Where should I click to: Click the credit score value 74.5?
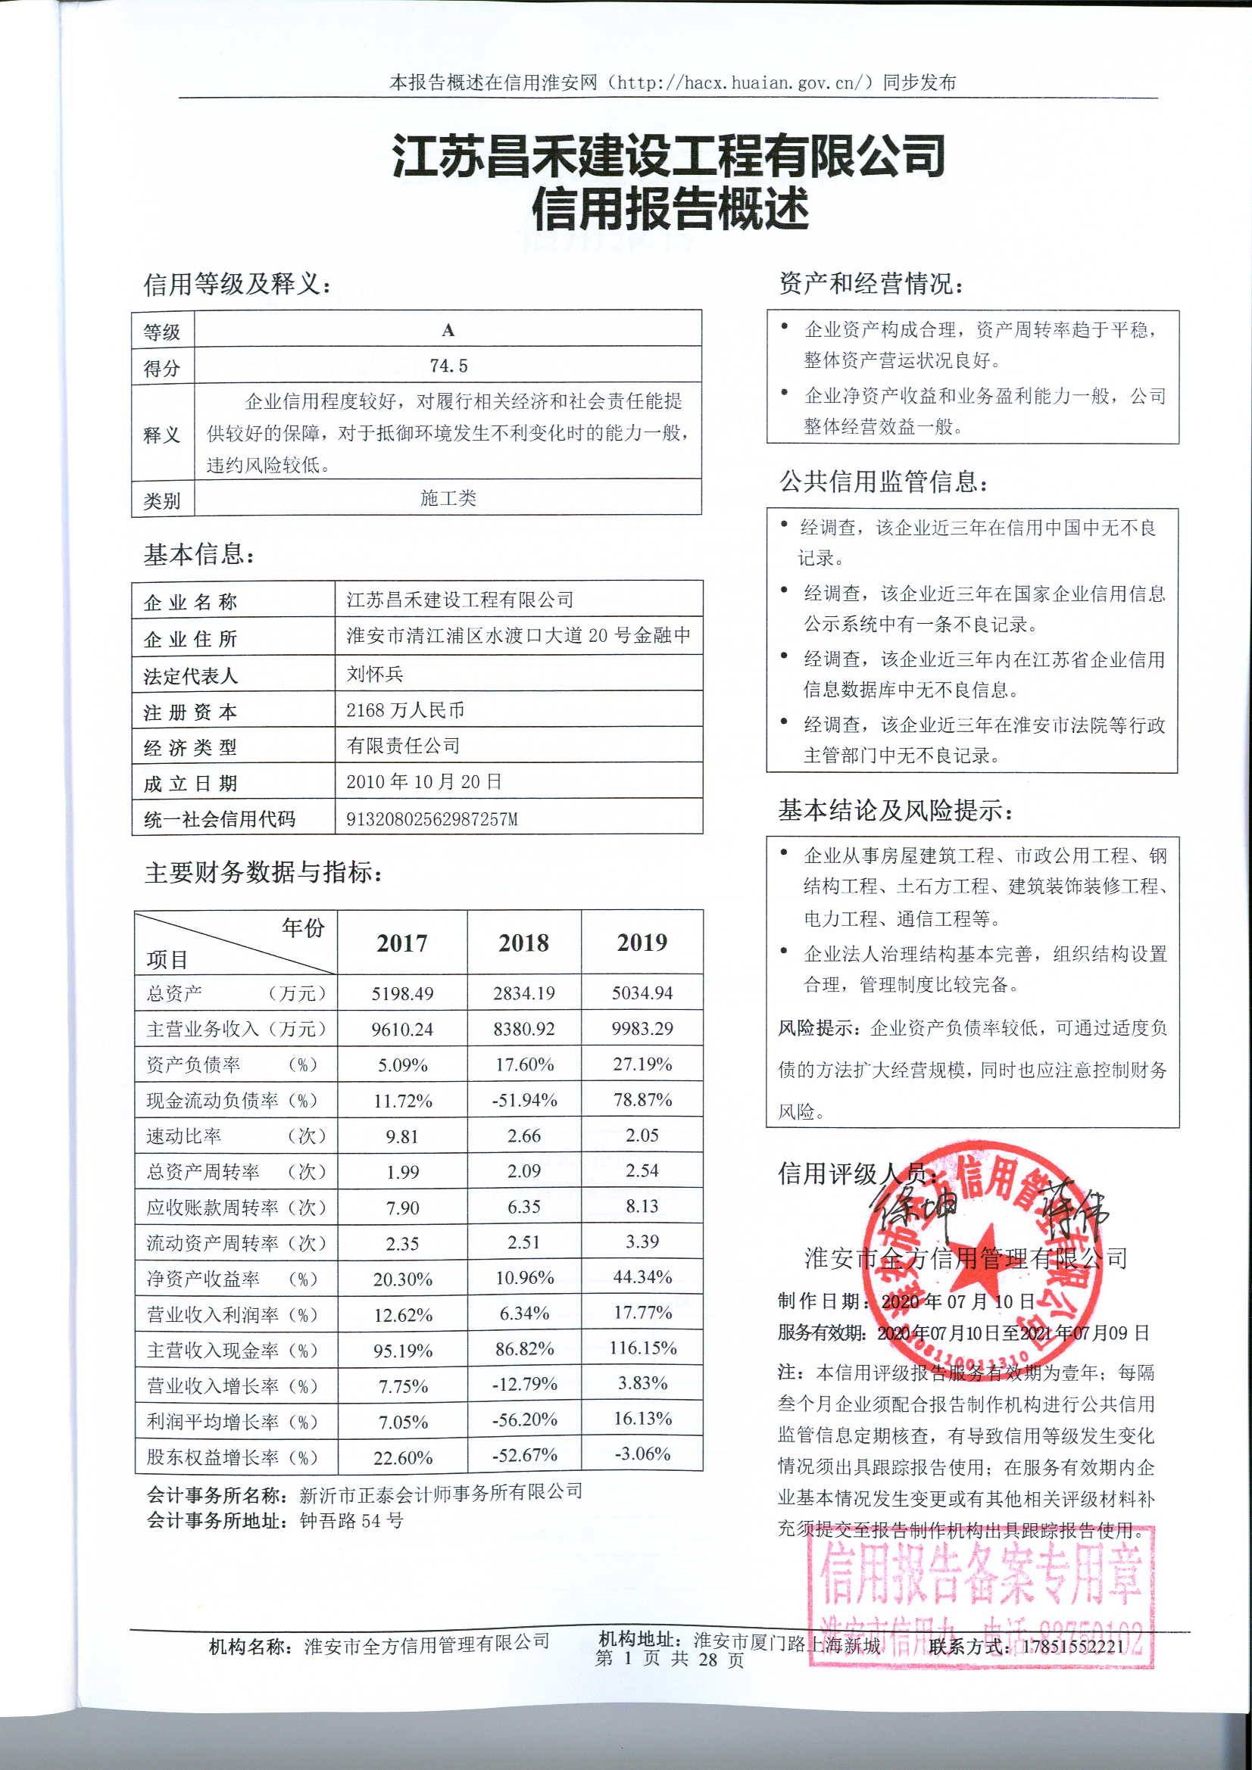[x=448, y=366]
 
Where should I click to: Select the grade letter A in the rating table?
[x=448, y=330]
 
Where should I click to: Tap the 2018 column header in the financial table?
[x=524, y=942]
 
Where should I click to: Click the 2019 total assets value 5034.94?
[x=642, y=993]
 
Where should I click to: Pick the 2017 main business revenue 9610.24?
[x=402, y=1029]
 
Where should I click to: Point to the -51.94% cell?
[x=525, y=1100]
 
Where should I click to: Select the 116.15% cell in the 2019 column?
[x=642, y=1348]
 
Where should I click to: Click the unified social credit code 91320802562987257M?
[x=432, y=818]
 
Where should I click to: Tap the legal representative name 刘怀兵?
[x=375, y=674]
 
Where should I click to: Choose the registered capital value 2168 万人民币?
[x=405, y=710]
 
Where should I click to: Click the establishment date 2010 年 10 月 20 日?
[x=423, y=782]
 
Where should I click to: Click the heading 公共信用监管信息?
[x=882, y=481]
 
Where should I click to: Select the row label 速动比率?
[x=184, y=1136]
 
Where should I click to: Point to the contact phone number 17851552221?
[x=1074, y=1647]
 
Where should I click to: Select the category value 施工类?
[x=448, y=498]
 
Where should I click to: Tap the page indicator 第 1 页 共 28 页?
[x=670, y=1659]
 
